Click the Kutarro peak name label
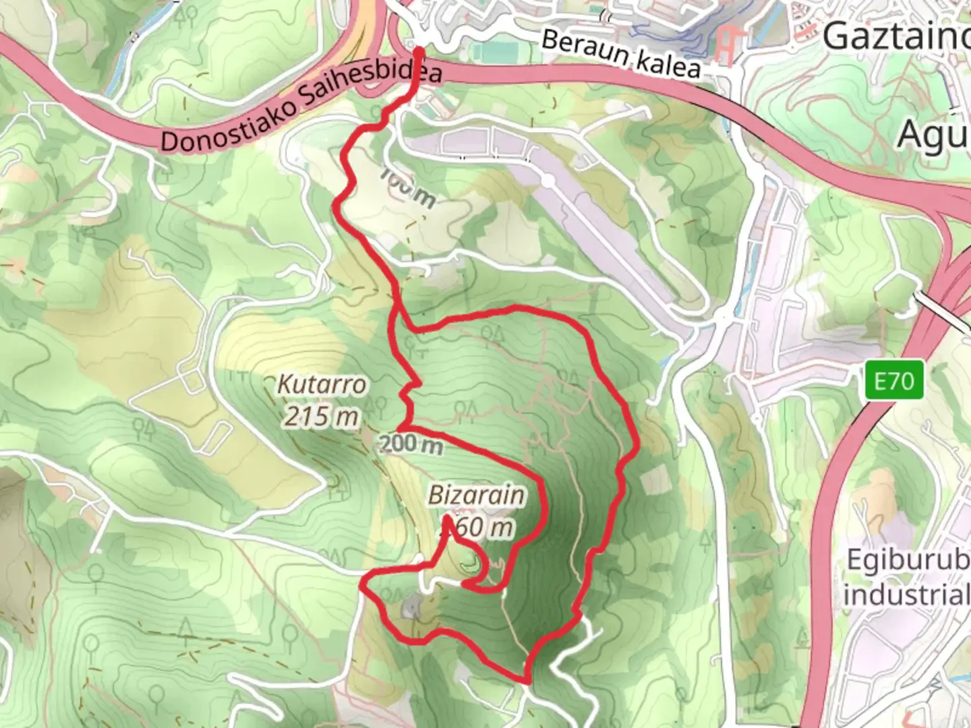[x=322, y=385]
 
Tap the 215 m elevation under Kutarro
[x=321, y=417]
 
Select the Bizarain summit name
[x=476, y=495]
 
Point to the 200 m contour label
[x=411, y=445]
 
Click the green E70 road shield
[x=894, y=382]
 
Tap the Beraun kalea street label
[x=620, y=54]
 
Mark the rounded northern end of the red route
[x=419, y=51]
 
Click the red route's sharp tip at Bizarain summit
[x=447, y=518]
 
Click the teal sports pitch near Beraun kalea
[x=498, y=51]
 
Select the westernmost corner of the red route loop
[x=363, y=586]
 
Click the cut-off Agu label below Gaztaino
[x=933, y=135]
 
